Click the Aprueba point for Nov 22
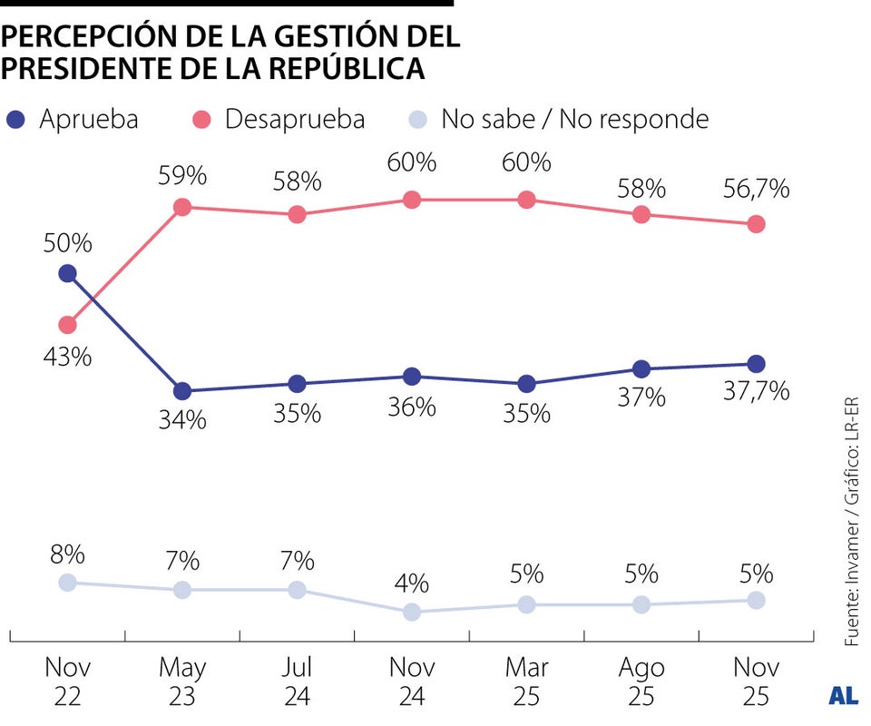(x=67, y=273)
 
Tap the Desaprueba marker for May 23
(x=182, y=207)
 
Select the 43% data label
(x=67, y=357)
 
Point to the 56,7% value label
(x=756, y=190)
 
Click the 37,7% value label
(x=756, y=392)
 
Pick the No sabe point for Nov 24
(x=412, y=612)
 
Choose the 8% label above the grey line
(x=67, y=553)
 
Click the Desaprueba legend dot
(x=202, y=119)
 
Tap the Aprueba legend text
(x=88, y=119)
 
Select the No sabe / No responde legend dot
(x=416, y=119)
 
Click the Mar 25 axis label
(x=526, y=682)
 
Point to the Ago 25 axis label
(x=641, y=682)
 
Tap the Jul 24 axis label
(x=297, y=682)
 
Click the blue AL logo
(x=844, y=696)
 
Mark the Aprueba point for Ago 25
(x=641, y=368)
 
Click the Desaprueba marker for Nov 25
(x=756, y=224)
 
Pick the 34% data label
(x=182, y=421)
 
